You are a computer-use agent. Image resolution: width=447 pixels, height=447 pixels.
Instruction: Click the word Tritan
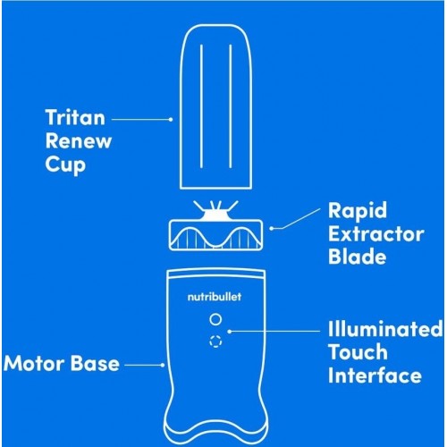pyautogui.click(x=75, y=117)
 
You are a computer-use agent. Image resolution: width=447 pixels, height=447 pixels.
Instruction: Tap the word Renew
pyautogui.click(x=79, y=140)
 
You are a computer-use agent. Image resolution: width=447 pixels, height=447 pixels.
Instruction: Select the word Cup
pyautogui.click(x=65, y=164)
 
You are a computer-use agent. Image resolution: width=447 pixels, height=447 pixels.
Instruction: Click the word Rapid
pyautogui.click(x=358, y=212)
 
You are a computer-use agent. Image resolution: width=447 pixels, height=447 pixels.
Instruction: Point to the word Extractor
pyautogui.click(x=376, y=234)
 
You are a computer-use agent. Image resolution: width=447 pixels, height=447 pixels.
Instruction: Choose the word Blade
pyautogui.click(x=357, y=256)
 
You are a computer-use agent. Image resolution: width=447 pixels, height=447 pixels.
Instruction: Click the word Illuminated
pyautogui.click(x=385, y=329)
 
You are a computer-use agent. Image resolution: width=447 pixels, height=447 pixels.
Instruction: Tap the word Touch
pyautogui.click(x=358, y=352)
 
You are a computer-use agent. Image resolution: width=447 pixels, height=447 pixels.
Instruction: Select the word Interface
pyautogui.click(x=375, y=375)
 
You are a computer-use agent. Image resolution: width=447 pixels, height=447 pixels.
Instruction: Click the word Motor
pyautogui.click(x=33, y=364)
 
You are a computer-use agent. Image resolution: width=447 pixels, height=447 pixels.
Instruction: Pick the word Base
pyautogui.click(x=95, y=364)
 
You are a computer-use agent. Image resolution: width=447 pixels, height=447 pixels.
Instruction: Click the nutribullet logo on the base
pyautogui.click(x=215, y=297)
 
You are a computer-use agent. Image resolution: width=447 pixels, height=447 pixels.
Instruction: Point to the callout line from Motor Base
pyautogui.click(x=144, y=365)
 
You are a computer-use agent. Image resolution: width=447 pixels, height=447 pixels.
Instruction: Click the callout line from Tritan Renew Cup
pyautogui.click(x=142, y=119)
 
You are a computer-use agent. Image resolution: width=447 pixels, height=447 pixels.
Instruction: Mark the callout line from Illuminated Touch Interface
pyautogui.click(x=274, y=331)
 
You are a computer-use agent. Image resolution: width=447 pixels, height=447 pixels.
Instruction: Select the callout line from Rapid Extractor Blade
pyautogui.click(x=295, y=219)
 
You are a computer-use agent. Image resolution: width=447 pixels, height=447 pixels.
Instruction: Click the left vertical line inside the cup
pyautogui.click(x=201, y=106)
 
